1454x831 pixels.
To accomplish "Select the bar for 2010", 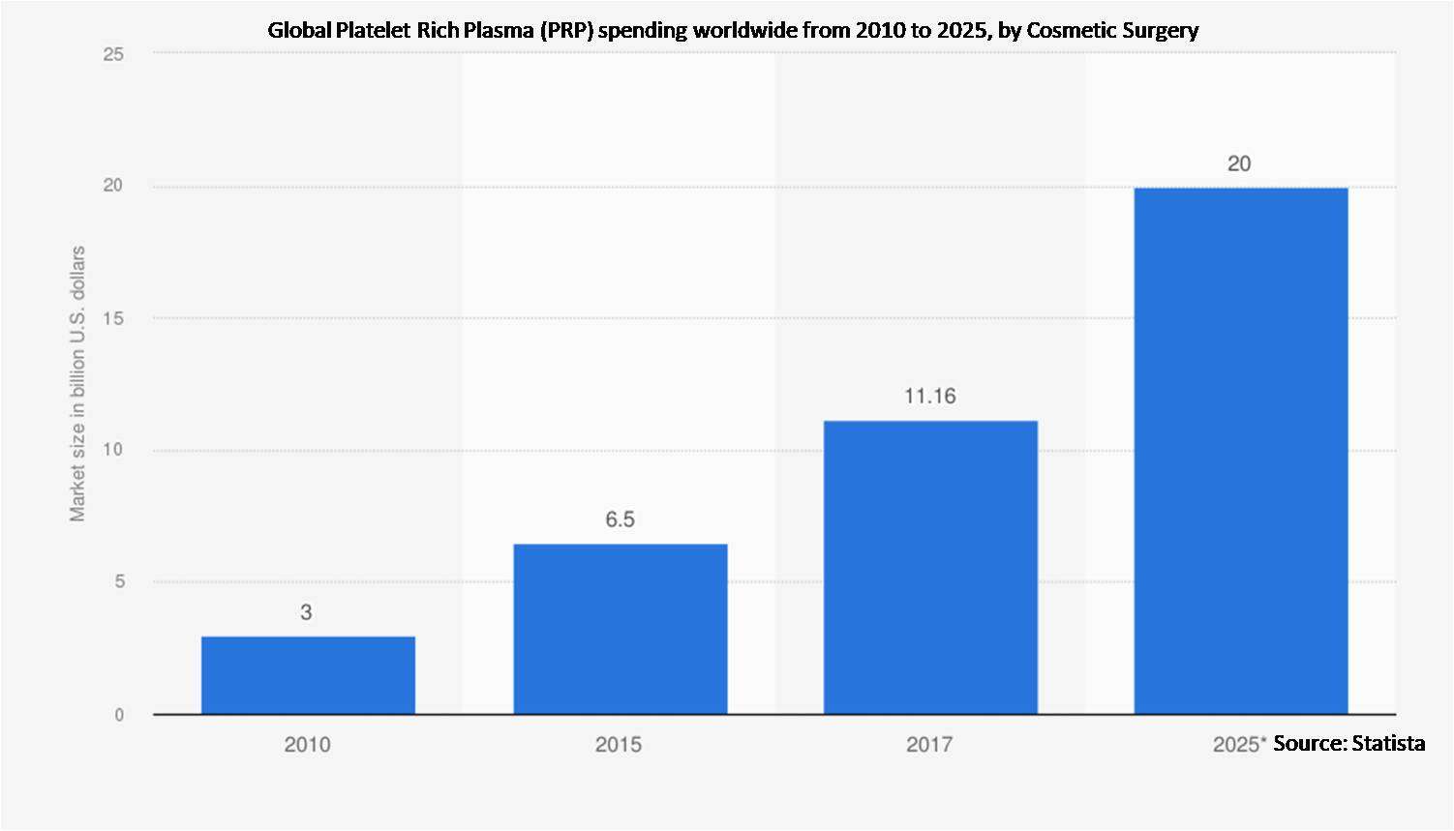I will point(308,675).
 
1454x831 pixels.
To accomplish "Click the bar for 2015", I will point(620,629).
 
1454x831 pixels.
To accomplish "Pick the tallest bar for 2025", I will point(1240,451).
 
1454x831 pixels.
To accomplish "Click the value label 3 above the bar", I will point(306,612).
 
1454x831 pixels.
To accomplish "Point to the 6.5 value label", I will point(620,519).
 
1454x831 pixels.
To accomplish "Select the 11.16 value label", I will point(929,396).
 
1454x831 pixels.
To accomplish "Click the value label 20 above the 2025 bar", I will point(1239,164).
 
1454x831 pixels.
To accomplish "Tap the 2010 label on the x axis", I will point(307,744).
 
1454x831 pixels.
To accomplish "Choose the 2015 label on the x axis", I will point(619,744).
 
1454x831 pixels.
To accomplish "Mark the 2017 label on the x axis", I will point(929,744).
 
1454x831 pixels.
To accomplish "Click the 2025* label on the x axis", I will point(1239,744).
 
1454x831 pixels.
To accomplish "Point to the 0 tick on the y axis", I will point(119,715).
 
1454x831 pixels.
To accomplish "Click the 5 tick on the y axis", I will point(119,582).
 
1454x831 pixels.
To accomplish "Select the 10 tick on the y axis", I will point(114,450).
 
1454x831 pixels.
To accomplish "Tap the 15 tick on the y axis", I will point(114,318).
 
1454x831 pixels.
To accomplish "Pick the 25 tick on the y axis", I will point(114,54).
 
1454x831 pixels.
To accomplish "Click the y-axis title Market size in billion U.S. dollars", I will point(77,384).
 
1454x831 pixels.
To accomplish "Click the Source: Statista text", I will point(1348,743).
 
